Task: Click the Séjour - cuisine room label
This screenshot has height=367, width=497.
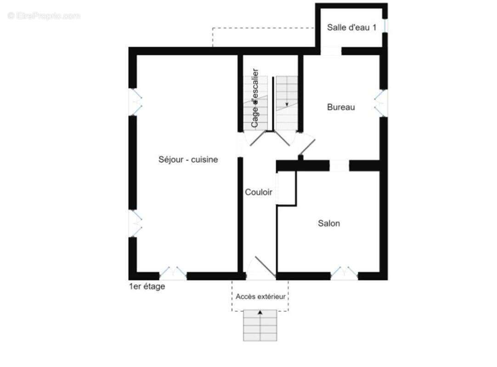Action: click(x=188, y=159)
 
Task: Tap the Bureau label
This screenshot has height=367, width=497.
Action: click(x=341, y=107)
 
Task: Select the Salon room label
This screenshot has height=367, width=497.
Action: click(x=329, y=223)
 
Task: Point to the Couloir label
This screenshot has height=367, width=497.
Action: click(x=258, y=192)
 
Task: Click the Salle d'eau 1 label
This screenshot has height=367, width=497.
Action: click(x=351, y=28)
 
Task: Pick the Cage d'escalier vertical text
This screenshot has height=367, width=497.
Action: click(x=255, y=98)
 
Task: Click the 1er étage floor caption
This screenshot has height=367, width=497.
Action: click(x=147, y=286)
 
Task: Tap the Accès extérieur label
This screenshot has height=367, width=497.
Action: click(x=260, y=297)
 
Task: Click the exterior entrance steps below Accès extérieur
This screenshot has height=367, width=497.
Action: click(x=260, y=325)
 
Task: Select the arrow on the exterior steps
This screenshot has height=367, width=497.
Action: click(x=260, y=312)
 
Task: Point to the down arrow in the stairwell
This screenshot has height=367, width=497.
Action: click(x=287, y=104)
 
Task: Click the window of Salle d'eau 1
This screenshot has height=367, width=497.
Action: click(x=385, y=25)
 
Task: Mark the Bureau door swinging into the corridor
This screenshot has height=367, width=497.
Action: click(x=306, y=146)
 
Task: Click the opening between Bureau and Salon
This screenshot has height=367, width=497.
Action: click(x=339, y=166)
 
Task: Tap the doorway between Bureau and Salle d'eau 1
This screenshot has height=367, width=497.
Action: click(x=331, y=51)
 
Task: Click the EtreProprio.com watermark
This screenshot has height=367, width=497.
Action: click(x=44, y=16)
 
